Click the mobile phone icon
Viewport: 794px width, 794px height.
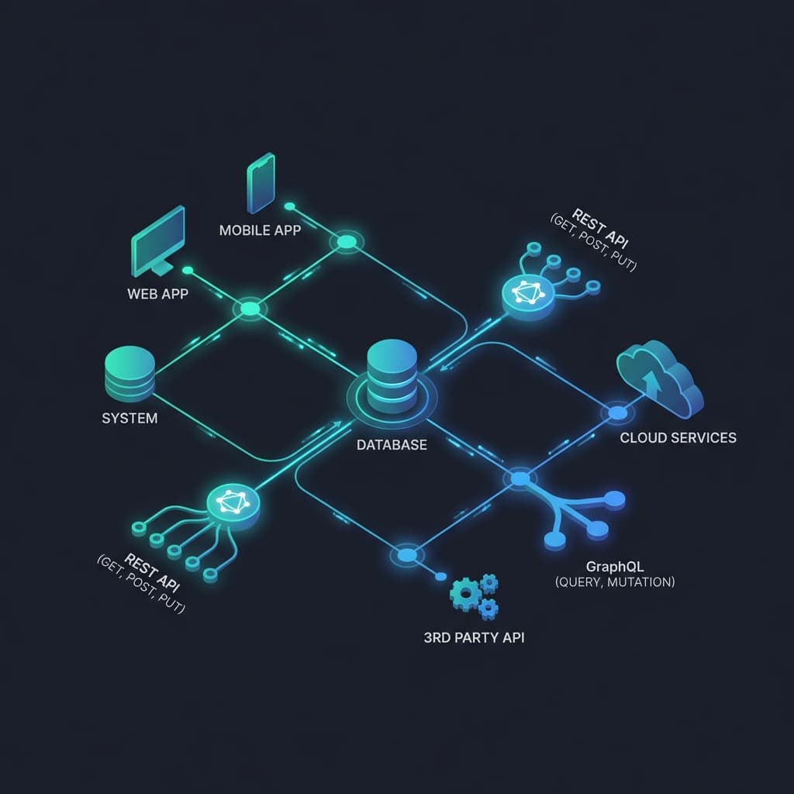[x=261, y=183]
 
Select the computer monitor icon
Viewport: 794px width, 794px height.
[x=158, y=241]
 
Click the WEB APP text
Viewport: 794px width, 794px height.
[x=157, y=295]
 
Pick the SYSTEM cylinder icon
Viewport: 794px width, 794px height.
[x=129, y=375]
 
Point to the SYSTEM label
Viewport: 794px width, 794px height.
[x=129, y=418]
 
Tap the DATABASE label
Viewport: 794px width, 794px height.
[x=392, y=446]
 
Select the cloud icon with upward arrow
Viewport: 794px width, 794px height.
[x=660, y=379]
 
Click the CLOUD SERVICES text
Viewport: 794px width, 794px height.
[x=678, y=437]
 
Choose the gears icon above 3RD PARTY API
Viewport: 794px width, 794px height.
[x=474, y=595]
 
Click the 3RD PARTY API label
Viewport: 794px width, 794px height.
[x=474, y=638]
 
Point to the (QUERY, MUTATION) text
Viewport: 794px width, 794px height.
[x=615, y=581]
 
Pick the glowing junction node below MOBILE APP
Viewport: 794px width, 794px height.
[x=346, y=243]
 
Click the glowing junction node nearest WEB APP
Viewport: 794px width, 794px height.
[x=250, y=309]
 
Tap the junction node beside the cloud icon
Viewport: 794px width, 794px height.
[x=617, y=413]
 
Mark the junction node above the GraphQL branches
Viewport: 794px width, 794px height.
[x=520, y=478]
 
